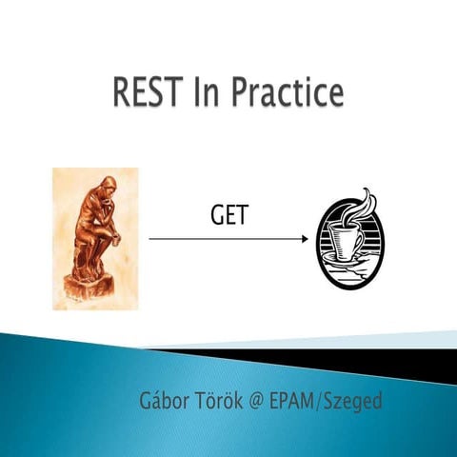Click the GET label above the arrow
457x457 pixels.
coord(228,217)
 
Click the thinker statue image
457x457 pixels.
coord(94,238)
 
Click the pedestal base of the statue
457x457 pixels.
coord(94,290)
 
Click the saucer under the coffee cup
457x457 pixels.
coord(348,263)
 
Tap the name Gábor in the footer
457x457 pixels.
coord(166,401)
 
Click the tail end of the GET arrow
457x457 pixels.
coord(151,239)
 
